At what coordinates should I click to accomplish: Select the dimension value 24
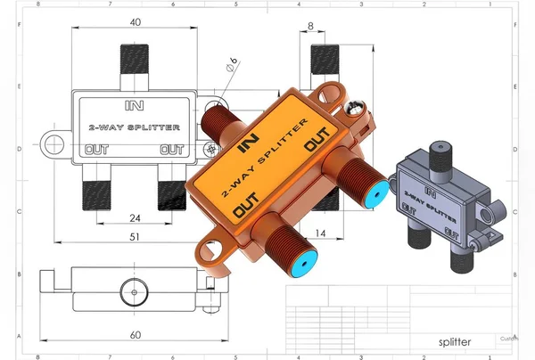[x=134, y=217]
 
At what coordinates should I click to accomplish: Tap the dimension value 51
[x=134, y=236]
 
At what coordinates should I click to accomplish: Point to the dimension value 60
[x=134, y=335]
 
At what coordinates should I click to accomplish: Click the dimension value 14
[x=319, y=233]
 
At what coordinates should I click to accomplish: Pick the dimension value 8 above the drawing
[x=310, y=27]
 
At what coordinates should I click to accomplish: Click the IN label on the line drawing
[x=135, y=105]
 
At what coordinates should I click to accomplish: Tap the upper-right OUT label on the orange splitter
[x=317, y=142]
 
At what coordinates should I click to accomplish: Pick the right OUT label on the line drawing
[x=171, y=150]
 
